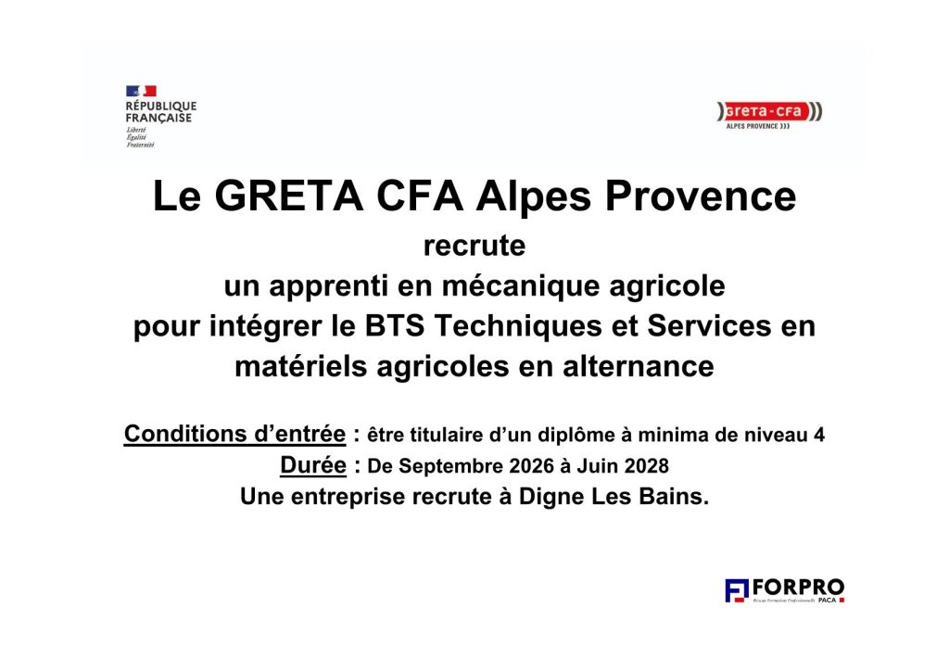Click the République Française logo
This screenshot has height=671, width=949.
pos(161,116)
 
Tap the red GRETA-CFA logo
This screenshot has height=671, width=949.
pos(769,115)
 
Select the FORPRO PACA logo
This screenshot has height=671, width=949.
pos(784,590)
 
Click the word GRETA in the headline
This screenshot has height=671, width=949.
pos(289,196)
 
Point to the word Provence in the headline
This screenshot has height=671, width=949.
pos(701,196)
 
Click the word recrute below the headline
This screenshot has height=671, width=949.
pos(474,247)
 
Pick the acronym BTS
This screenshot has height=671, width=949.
pos(395,326)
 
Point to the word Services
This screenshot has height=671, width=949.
pos(709,326)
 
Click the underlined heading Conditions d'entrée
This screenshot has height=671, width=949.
pos(234,434)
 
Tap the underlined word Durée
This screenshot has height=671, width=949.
pos(313,464)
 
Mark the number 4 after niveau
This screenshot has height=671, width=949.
pos(819,435)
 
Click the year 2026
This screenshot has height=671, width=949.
pos(531,466)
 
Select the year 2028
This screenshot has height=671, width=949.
pos(646,466)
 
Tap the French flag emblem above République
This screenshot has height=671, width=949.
pos(141,91)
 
